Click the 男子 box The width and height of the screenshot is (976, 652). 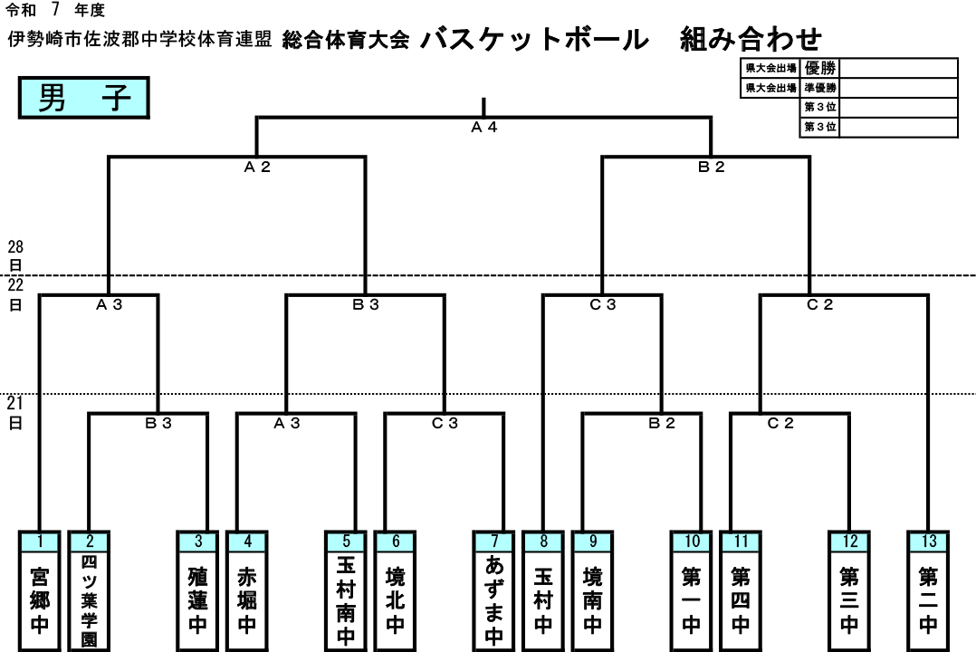pyautogui.click(x=84, y=98)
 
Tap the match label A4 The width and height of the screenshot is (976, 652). pyautogui.click(x=484, y=127)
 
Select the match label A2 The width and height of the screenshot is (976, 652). pyautogui.click(x=257, y=167)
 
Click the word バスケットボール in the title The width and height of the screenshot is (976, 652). pyautogui.click(x=535, y=39)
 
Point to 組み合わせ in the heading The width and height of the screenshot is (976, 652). pyautogui.click(x=751, y=39)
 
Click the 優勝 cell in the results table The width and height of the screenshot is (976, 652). pyautogui.click(x=819, y=68)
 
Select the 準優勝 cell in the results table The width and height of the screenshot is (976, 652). pyautogui.click(x=819, y=88)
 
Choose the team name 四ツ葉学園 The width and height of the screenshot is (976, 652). pyautogui.click(x=89, y=601)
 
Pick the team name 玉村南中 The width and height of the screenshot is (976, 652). pyautogui.click(x=346, y=601)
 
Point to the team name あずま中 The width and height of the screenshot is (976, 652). pyautogui.click(x=494, y=601)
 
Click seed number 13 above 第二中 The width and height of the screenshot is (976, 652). pyautogui.click(x=928, y=542)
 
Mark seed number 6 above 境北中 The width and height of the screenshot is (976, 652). pyautogui.click(x=396, y=542)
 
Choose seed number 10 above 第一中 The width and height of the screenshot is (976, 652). pyautogui.click(x=692, y=542)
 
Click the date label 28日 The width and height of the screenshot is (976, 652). pyautogui.click(x=15, y=256)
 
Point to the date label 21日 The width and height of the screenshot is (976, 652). pyautogui.click(x=15, y=413)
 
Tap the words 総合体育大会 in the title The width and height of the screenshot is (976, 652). pyautogui.click(x=346, y=40)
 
